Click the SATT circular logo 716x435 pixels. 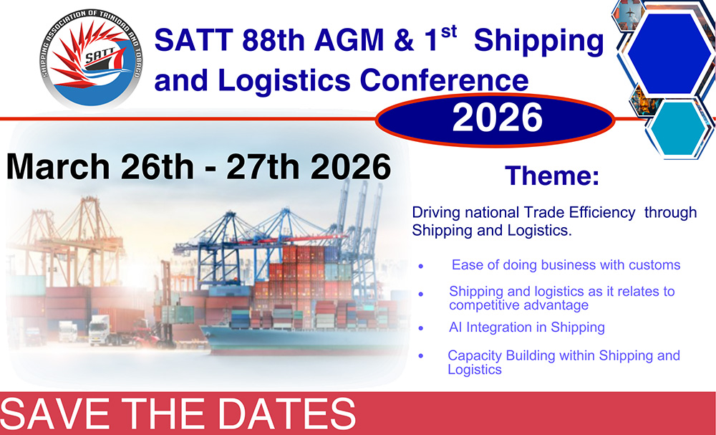pos(91,59)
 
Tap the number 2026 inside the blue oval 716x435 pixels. pos(498,118)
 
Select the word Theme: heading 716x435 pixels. pos(552,176)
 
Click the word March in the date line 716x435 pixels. pos(58,167)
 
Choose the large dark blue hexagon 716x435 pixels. pos(669,54)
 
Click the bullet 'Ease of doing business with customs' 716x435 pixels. pos(566,265)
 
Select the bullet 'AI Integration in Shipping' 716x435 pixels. pos(527,328)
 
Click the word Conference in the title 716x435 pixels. pos(444,80)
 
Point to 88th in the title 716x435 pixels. pos(273,40)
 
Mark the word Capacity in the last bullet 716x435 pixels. pos(474,355)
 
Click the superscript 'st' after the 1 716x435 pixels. pos(450,32)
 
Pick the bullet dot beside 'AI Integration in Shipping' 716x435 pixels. pos(420,328)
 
